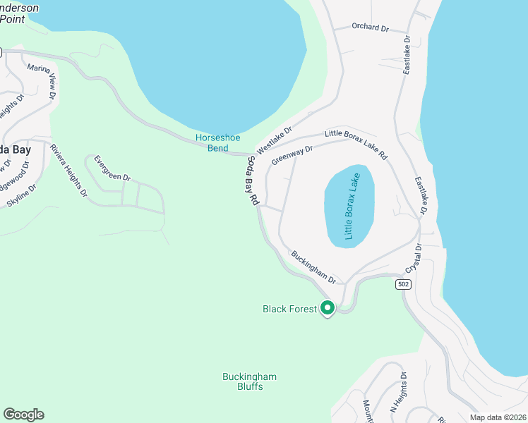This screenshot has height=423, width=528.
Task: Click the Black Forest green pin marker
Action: pos(327,308)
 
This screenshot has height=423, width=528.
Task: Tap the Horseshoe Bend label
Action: pos(212,143)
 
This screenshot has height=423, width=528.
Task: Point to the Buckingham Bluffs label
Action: pos(250,381)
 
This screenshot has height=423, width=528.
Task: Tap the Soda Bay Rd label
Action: pos(253,180)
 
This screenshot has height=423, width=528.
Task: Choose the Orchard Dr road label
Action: pos(371,27)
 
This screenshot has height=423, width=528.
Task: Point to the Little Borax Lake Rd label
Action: pos(356,143)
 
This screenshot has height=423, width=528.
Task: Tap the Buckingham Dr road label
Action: pos(312,267)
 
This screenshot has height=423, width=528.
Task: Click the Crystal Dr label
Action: pos(412,259)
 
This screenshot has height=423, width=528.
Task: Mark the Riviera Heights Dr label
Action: pos(68,169)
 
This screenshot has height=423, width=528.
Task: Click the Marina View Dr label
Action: pos(42,81)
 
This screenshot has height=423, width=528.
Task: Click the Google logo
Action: pos(23,415)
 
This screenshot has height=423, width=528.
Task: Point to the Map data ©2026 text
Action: pos(497,417)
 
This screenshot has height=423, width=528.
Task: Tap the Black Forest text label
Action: pos(289,309)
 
